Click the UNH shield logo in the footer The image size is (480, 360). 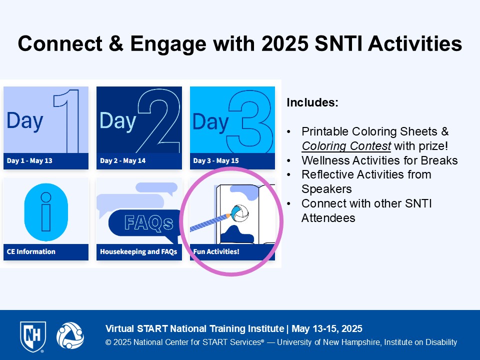[x=33, y=336]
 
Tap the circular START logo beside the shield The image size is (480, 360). [x=70, y=335]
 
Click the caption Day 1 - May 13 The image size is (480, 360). [x=29, y=160]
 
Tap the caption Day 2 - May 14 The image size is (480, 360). [x=123, y=160]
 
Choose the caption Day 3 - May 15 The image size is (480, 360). [x=216, y=160]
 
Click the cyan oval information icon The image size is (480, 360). [x=46, y=212]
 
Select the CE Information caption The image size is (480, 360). [x=31, y=251]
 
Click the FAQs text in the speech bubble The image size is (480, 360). [x=149, y=222]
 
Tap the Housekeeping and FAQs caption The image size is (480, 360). [x=138, y=251]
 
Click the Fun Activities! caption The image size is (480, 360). [x=216, y=251]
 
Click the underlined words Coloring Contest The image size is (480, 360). [x=346, y=146]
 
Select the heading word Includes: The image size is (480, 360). [x=312, y=102]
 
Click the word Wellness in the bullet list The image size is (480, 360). [x=325, y=160]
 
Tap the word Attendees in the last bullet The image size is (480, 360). [x=328, y=218]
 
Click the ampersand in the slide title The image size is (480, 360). [x=116, y=43]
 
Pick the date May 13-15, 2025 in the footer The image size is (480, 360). [x=327, y=329]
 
